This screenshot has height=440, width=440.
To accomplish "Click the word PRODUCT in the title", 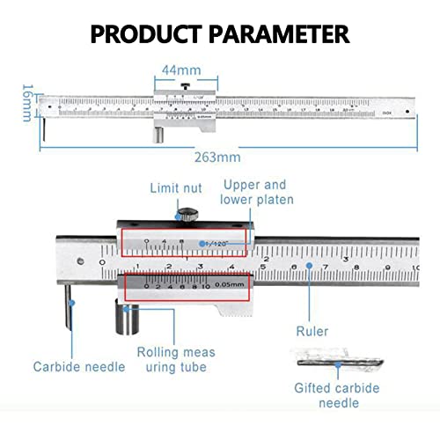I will pos(145,34).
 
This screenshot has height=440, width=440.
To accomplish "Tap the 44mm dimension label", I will pos(182,69).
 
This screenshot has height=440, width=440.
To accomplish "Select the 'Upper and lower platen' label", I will pos(258,193).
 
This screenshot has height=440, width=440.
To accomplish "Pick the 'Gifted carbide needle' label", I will pos(338,394).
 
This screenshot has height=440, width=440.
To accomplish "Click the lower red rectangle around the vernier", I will pos(187,286).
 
